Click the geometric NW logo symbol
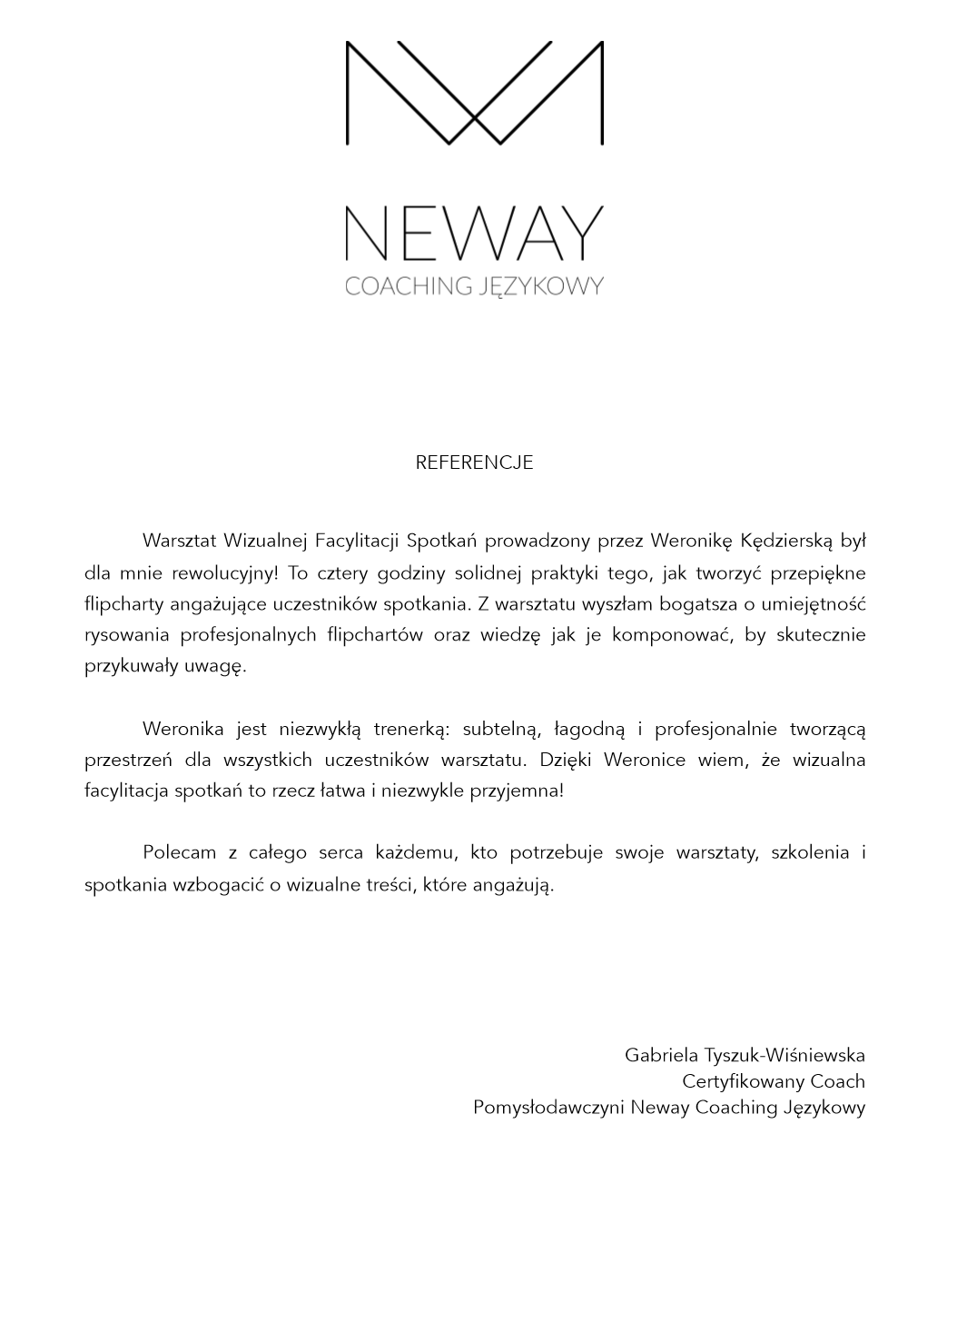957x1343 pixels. click(474, 92)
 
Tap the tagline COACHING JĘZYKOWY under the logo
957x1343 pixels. click(474, 286)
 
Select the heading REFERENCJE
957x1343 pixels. click(474, 463)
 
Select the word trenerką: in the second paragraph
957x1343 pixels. click(412, 729)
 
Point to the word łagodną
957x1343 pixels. click(590, 729)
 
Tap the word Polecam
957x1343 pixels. click(179, 852)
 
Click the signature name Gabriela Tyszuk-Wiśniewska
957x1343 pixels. click(745, 1055)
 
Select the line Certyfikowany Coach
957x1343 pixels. click(774, 1081)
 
